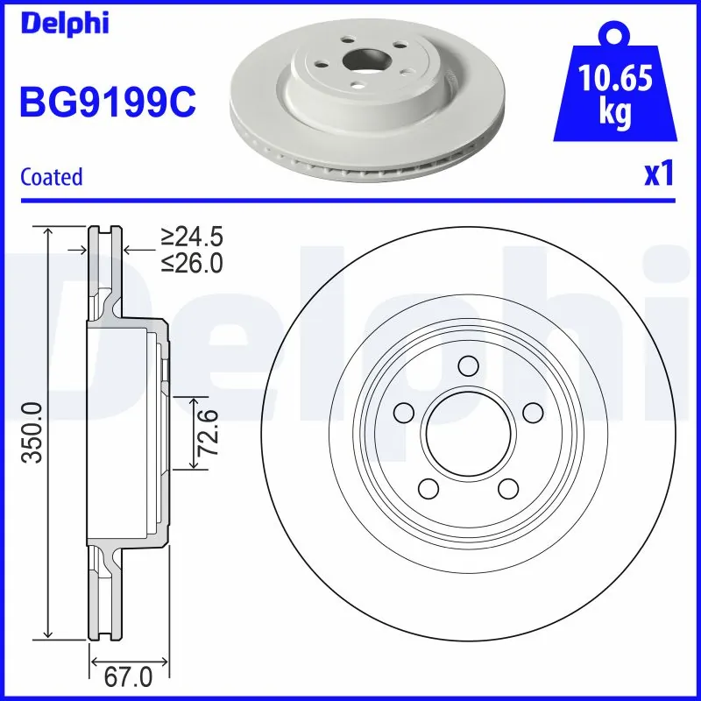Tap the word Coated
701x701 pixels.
click(x=51, y=176)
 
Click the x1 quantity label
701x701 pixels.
click(x=658, y=174)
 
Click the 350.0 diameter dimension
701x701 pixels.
click(x=32, y=432)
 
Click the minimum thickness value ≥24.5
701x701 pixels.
click(x=192, y=237)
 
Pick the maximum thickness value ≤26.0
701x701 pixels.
click(x=192, y=262)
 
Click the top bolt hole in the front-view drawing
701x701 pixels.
click(x=468, y=365)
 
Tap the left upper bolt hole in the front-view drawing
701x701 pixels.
click(x=404, y=411)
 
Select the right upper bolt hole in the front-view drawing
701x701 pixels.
click(x=532, y=411)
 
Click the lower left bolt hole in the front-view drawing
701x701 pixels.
click(x=428, y=486)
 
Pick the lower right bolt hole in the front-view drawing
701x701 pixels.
click(x=507, y=486)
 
